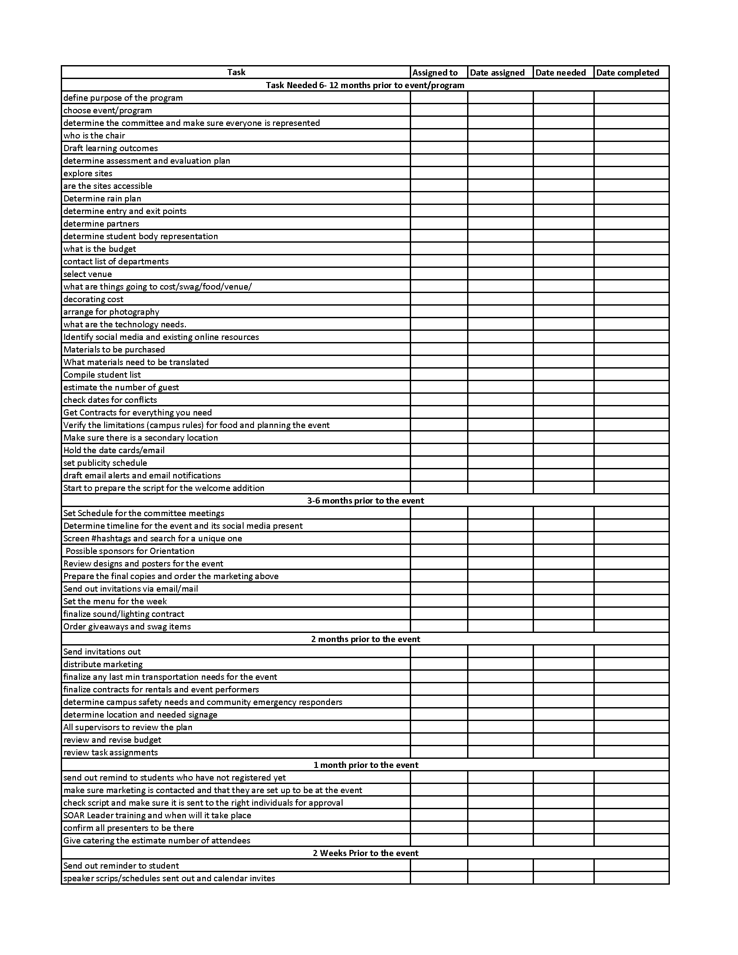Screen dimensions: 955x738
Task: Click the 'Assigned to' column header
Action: pyautogui.click(x=435, y=72)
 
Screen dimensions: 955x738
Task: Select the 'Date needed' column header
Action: pyautogui.click(x=560, y=72)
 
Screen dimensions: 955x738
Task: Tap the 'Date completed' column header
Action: pyautogui.click(x=627, y=72)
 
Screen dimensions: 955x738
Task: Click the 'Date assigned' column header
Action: pyautogui.click(x=497, y=72)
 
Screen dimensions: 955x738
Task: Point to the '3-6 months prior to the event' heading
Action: pyautogui.click(x=366, y=501)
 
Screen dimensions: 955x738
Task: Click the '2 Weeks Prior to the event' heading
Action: pyautogui.click(x=366, y=853)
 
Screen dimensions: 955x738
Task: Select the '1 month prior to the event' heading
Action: pyautogui.click(x=366, y=765)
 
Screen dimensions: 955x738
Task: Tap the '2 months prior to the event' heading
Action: pyautogui.click(x=366, y=639)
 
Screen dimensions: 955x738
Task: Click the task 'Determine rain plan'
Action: pyautogui.click(x=102, y=198)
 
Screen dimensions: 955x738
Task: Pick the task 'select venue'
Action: pyautogui.click(x=87, y=274)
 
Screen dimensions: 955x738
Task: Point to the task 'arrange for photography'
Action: pyautogui.click(x=111, y=312)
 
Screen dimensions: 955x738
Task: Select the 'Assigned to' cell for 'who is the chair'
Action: pyautogui.click(x=439, y=135)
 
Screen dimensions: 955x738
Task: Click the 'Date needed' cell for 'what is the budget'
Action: pyautogui.click(x=563, y=249)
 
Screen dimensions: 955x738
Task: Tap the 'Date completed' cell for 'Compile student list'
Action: pyautogui.click(x=631, y=375)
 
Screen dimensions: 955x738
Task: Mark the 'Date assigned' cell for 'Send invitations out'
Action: pyautogui.click(x=500, y=652)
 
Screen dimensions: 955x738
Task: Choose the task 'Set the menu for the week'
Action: pyautogui.click(x=115, y=601)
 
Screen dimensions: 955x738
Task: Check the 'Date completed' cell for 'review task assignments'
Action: pyautogui.click(x=631, y=752)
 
